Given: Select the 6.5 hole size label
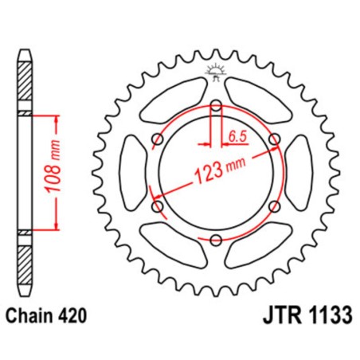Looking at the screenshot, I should click(237, 136).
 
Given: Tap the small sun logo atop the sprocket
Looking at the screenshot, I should click(216, 71).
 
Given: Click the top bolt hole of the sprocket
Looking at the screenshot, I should click(216, 105).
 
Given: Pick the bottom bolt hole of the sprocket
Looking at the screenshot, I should click(216, 240).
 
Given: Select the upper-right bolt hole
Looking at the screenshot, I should click(275, 139).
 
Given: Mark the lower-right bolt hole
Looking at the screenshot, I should click(275, 206).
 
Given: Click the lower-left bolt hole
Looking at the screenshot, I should click(157, 206).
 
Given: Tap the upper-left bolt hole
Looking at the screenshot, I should click(157, 139).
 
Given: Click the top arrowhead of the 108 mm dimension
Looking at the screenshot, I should click(57, 119).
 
